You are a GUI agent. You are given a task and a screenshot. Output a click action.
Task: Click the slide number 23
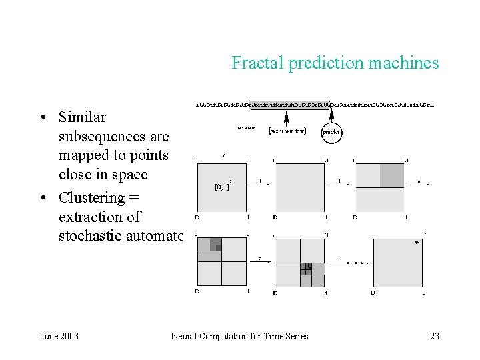pos(435,336)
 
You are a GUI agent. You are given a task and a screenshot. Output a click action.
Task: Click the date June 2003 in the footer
pos(59,336)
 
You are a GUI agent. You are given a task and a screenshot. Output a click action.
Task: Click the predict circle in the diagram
pos(331,132)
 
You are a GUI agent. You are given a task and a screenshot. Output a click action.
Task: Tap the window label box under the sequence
pos(287,131)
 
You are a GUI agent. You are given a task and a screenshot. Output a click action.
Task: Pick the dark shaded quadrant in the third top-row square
pos(392,175)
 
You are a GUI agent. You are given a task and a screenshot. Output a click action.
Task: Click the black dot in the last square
pos(417,243)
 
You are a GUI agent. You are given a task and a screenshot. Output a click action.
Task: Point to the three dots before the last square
pos(361,263)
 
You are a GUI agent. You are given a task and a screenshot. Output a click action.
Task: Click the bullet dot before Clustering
pos(42,199)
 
